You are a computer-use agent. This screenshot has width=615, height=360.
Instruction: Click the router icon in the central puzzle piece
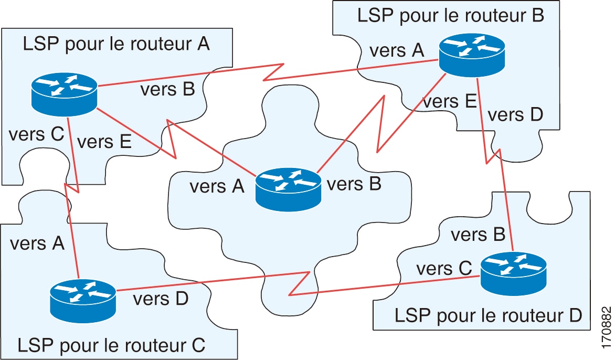tap(288, 188)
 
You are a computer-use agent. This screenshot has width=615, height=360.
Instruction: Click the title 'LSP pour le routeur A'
tap(116, 44)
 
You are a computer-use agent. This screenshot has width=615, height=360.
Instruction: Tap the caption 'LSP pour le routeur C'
tap(111, 345)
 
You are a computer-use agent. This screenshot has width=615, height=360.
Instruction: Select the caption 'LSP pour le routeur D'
tap(488, 315)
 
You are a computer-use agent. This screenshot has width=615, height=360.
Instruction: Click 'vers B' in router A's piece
tap(167, 90)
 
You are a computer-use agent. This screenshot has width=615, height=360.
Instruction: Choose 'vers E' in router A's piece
tap(104, 142)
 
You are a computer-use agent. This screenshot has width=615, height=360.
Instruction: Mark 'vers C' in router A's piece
tap(36, 134)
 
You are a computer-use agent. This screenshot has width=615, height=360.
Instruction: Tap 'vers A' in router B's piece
tap(396, 51)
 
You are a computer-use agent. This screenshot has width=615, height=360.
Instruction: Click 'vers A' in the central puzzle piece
tap(217, 186)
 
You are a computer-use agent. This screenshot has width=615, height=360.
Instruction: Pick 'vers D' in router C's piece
tap(161, 299)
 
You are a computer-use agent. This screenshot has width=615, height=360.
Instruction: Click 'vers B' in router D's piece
tap(478, 235)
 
